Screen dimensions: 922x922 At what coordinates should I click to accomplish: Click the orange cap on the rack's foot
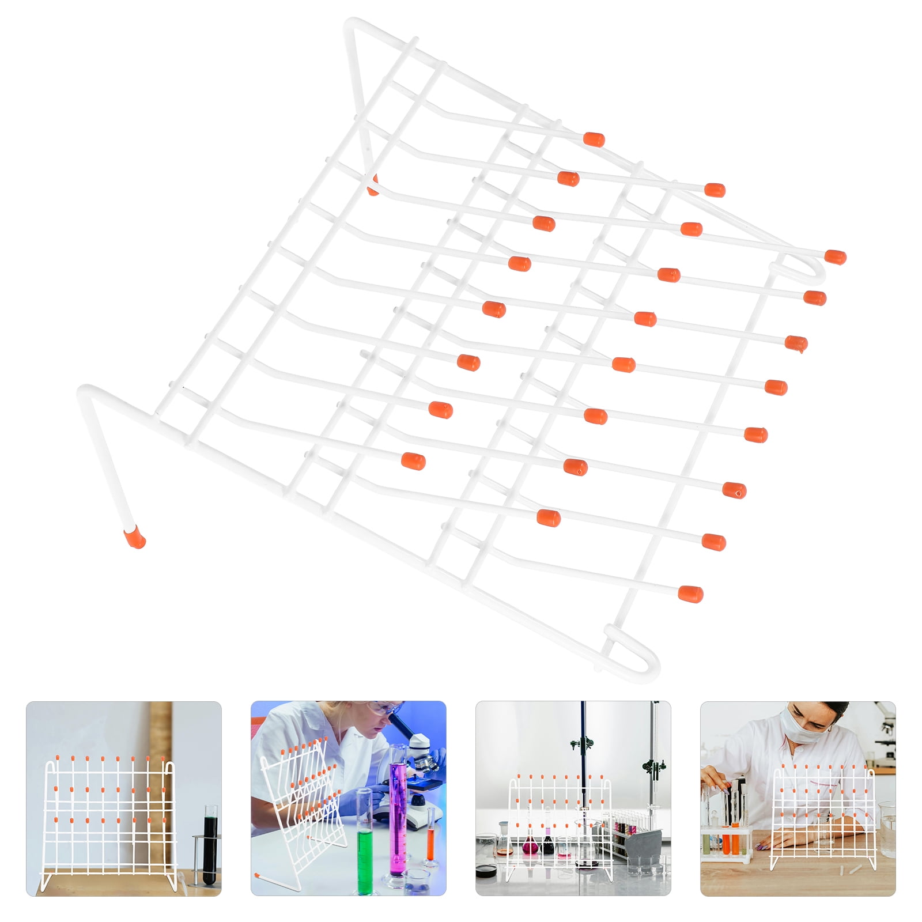(x=135, y=538)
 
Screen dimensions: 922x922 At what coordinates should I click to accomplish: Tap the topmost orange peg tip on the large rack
(x=594, y=139)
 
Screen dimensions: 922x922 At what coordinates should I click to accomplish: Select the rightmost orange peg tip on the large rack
(x=835, y=257)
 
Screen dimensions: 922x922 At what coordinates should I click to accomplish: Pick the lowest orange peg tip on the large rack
(x=690, y=594)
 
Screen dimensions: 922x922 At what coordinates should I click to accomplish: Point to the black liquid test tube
(x=210, y=845)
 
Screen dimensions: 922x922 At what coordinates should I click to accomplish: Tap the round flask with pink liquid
(x=530, y=848)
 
